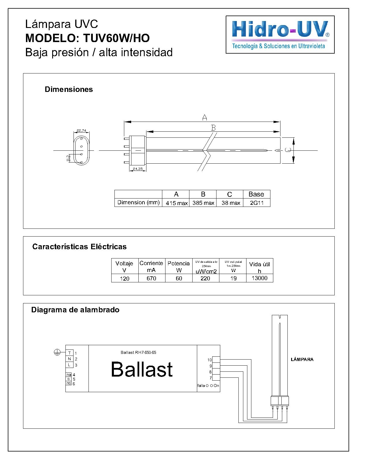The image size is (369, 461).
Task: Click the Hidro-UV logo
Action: (280, 35)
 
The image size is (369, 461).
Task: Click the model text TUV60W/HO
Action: (116, 38)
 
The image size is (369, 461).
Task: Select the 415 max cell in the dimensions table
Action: (176, 203)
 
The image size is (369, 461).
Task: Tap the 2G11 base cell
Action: (257, 203)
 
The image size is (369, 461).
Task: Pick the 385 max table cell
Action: (203, 203)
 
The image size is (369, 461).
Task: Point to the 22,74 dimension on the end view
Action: (81, 131)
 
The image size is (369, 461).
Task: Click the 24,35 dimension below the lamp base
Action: (138, 169)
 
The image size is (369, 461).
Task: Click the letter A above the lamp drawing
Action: (204, 117)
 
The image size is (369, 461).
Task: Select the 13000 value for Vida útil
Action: (259, 278)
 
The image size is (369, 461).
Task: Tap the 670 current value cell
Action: (151, 278)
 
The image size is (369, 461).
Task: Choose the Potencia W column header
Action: (179, 266)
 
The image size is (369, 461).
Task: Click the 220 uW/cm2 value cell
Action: (205, 278)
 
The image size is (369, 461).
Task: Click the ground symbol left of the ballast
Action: (57, 352)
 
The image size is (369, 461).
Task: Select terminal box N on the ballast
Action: (69, 359)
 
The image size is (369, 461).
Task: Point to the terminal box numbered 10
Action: (216, 360)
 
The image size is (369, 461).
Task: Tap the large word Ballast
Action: (142, 369)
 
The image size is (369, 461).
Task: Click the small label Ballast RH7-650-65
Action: (138, 352)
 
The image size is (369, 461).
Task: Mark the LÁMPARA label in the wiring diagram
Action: (302, 359)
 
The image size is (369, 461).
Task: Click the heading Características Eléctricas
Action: (79, 247)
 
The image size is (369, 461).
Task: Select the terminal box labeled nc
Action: (69, 383)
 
